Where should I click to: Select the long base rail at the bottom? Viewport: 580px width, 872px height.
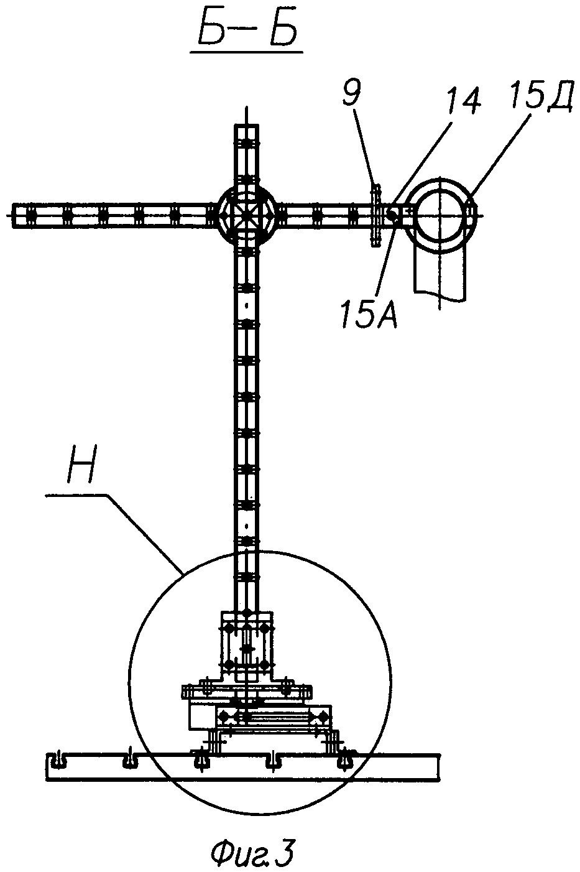[x=245, y=766]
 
